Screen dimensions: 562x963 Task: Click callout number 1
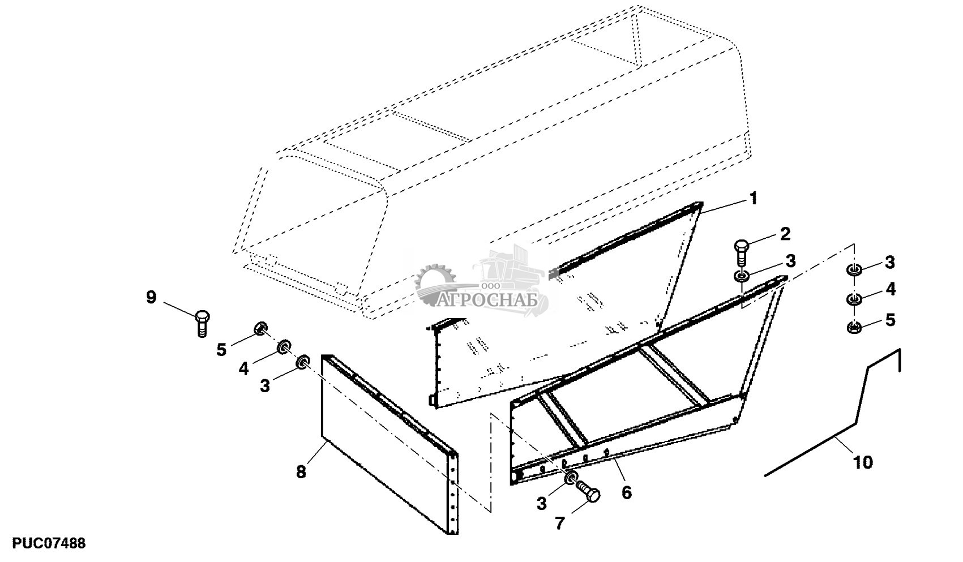tap(753, 199)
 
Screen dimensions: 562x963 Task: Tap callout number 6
tap(626, 492)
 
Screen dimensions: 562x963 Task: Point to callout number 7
tap(559, 524)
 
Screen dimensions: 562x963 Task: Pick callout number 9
tap(151, 297)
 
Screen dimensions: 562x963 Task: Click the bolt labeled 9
tap(202, 323)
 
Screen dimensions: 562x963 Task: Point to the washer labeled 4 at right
tap(854, 299)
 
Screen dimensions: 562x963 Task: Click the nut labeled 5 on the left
tap(261, 328)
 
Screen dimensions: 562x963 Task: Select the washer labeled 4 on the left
tap(283, 346)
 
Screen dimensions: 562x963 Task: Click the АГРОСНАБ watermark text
tap(487, 300)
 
